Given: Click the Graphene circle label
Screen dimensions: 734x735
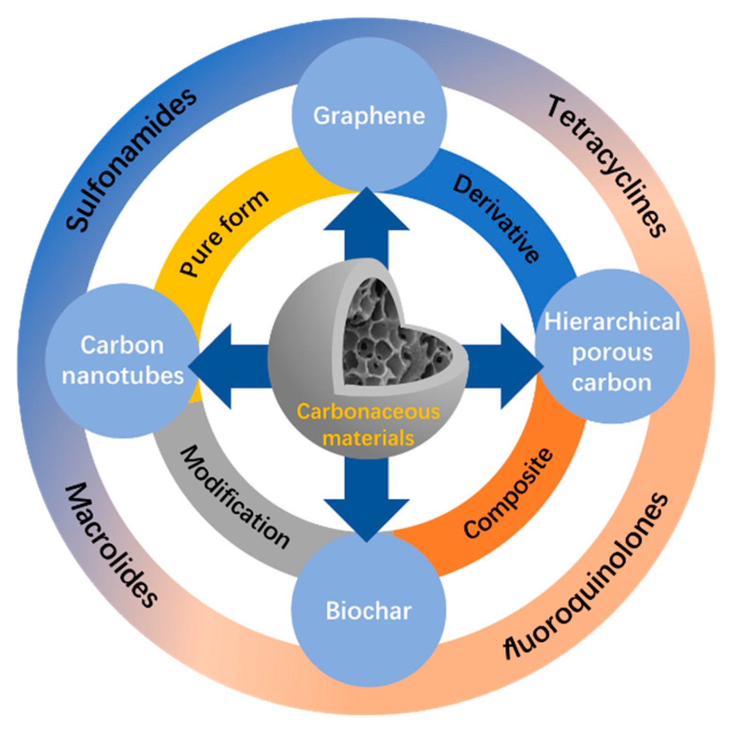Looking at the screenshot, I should pyautogui.click(x=368, y=116).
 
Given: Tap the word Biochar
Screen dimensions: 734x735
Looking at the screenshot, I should pyautogui.click(x=368, y=611).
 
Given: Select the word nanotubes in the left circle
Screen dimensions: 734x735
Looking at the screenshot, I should pyautogui.click(x=123, y=375).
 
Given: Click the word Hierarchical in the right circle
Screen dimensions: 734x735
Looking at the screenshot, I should pyautogui.click(x=612, y=322).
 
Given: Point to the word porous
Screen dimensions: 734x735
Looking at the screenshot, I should pyautogui.click(x=612, y=352).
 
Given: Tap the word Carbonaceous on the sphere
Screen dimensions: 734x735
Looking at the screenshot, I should pyautogui.click(x=368, y=411).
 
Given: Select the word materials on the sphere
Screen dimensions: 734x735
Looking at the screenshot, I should pyautogui.click(x=368, y=438).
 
